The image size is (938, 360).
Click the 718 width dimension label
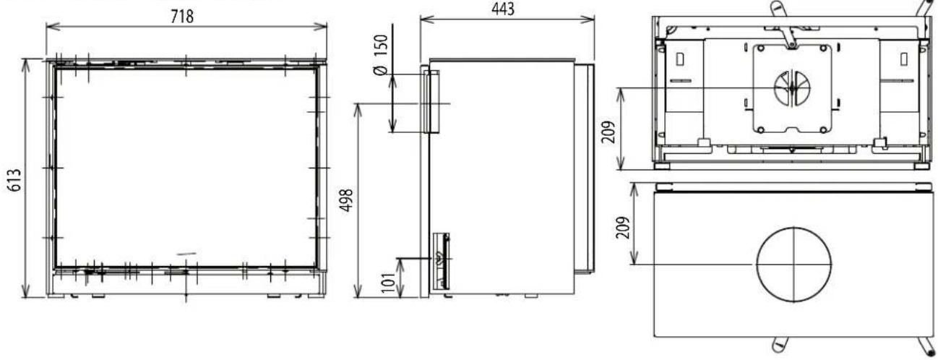182,17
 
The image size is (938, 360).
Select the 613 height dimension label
14,180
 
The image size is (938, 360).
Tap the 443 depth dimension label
503,9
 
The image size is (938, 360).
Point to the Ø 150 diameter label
381,55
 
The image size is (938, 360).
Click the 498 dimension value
347,200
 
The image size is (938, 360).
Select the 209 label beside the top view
609,132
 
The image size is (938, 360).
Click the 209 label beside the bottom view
623,228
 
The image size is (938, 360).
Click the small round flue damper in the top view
791,88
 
